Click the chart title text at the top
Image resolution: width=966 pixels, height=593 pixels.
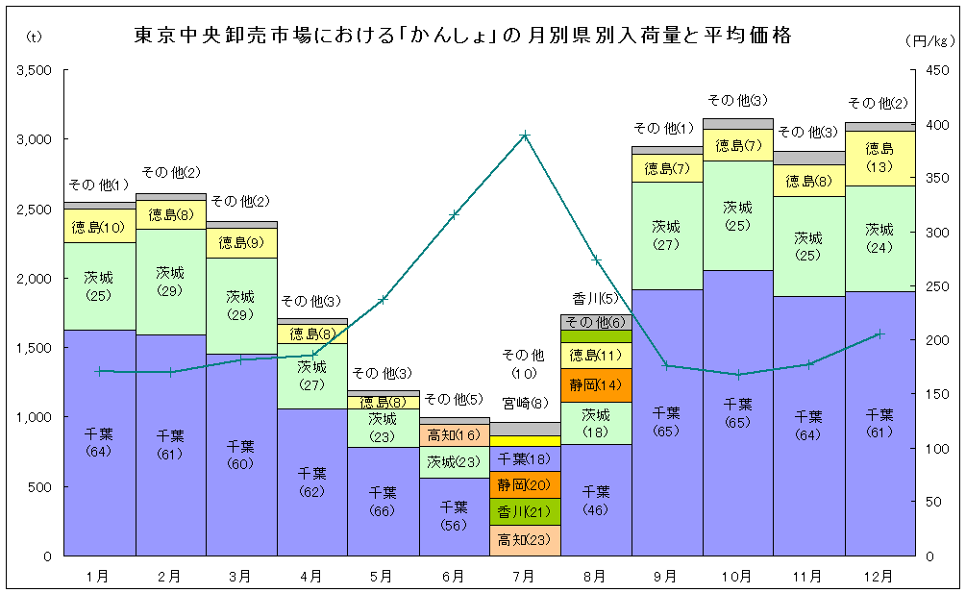(462, 37)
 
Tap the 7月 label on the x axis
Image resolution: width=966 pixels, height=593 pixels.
(525, 577)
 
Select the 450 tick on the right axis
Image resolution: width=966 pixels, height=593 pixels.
(932, 71)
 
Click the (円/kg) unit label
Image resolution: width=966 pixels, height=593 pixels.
(930, 40)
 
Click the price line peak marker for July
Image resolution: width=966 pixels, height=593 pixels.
(525, 136)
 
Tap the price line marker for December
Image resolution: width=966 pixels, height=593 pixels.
(879, 334)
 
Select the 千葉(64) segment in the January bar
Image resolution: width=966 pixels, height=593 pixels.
(99, 442)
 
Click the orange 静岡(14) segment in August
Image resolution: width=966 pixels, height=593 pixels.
(596, 385)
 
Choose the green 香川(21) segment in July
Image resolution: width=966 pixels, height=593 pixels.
(525, 511)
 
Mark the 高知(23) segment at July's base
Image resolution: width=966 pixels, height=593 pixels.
(525, 540)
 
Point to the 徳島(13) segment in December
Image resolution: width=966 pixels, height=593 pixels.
(879, 158)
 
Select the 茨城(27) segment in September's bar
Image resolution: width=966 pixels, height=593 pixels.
(667, 235)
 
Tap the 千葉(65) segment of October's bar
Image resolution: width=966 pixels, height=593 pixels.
(738, 412)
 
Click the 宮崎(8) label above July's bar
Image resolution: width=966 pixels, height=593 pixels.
(525, 403)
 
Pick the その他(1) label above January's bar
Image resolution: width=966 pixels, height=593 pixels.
(99, 185)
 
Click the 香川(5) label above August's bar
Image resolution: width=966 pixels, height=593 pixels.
(596, 298)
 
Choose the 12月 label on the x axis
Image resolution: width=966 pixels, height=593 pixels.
(879, 577)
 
